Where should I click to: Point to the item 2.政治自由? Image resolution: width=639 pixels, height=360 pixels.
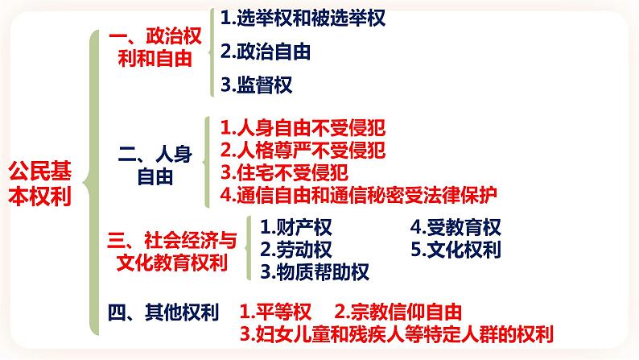pos(266,51)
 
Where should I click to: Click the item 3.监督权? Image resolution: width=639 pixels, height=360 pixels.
pos(256,84)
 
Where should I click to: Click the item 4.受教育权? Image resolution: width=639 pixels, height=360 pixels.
pos(455,228)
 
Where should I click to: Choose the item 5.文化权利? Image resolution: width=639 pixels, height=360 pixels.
pos(455,250)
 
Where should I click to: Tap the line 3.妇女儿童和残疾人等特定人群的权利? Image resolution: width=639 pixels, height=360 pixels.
pos(398,333)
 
